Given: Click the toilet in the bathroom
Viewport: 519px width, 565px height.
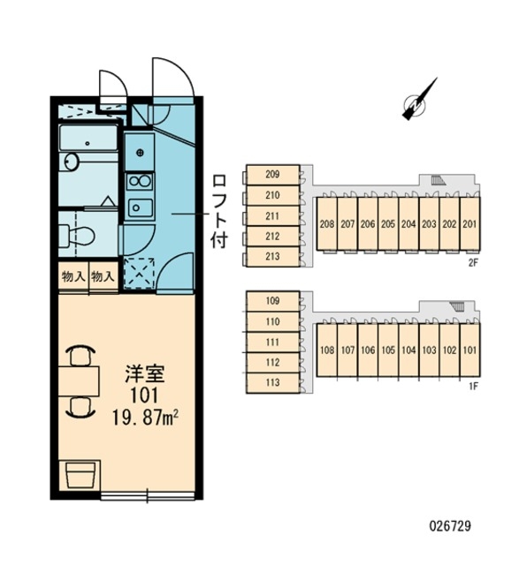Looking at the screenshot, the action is [x=77, y=236].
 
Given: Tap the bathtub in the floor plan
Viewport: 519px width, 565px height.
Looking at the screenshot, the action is [x=88, y=138].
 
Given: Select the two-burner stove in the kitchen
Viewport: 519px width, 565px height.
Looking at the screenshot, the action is [x=140, y=181].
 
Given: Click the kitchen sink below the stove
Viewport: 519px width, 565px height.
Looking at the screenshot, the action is [x=140, y=207].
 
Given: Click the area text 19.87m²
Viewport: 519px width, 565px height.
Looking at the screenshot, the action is [x=146, y=418].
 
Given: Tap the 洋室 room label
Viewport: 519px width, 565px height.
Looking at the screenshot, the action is [x=145, y=373].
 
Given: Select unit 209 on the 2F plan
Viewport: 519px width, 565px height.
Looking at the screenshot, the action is [x=273, y=175].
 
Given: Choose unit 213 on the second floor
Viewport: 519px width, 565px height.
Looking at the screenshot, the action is [x=273, y=257].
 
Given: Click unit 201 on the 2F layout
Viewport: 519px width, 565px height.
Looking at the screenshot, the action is [x=469, y=223].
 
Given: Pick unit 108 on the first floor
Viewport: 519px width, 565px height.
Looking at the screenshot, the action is [x=327, y=350].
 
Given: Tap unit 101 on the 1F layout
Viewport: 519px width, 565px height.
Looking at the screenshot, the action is [x=469, y=350].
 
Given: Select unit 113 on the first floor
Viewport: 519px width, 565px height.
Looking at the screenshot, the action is [x=273, y=382].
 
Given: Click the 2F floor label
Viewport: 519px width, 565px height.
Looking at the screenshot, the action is [x=473, y=263].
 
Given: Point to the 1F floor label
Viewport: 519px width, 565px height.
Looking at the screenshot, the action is [x=473, y=387].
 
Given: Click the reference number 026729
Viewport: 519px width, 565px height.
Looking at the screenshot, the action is [x=450, y=526].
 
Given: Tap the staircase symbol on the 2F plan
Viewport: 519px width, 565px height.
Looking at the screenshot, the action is [x=438, y=180].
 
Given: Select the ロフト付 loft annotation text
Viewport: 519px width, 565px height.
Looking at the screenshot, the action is [x=219, y=212].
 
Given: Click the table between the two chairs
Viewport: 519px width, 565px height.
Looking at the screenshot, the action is [x=79, y=381].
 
